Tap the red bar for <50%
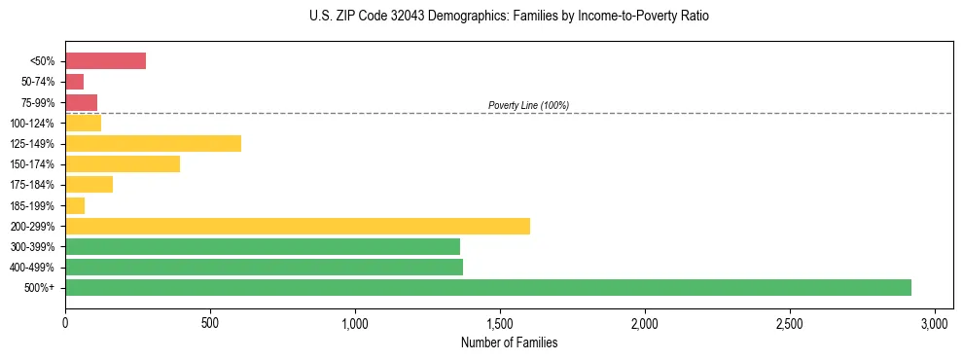(x=105, y=61)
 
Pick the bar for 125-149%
(x=153, y=144)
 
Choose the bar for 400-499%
(x=264, y=267)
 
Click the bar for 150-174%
(x=123, y=164)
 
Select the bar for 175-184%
(x=89, y=185)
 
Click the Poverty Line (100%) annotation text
(x=528, y=105)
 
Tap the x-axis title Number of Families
(x=509, y=342)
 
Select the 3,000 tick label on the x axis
(x=935, y=322)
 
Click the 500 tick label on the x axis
(x=210, y=322)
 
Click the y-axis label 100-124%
(x=32, y=124)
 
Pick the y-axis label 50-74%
(x=36, y=82)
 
